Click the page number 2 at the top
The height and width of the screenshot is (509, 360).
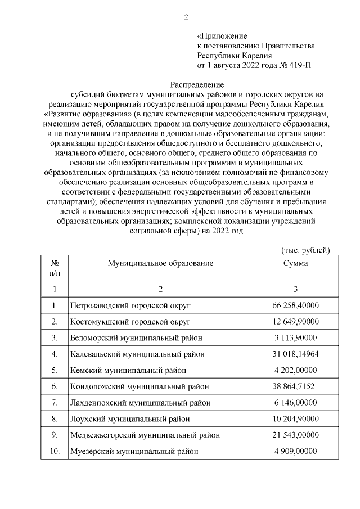tap(186, 16)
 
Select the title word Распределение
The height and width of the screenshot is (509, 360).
tap(186, 85)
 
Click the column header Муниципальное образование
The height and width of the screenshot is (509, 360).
tap(160, 263)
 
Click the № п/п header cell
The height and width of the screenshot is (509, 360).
tap(55, 268)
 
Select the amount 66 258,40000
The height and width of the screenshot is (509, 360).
tap(295, 305)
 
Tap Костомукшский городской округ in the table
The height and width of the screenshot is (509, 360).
tap(130, 322)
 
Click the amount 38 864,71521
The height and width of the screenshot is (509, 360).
tap(295, 386)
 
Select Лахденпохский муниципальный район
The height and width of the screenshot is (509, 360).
tap(141, 403)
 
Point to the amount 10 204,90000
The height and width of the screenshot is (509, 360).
tap(295, 419)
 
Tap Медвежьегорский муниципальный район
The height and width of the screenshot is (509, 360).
tap(145, 435)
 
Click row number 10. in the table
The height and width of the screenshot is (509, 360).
tap(55, 452)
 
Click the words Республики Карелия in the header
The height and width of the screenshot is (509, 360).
tap(234, 55)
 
